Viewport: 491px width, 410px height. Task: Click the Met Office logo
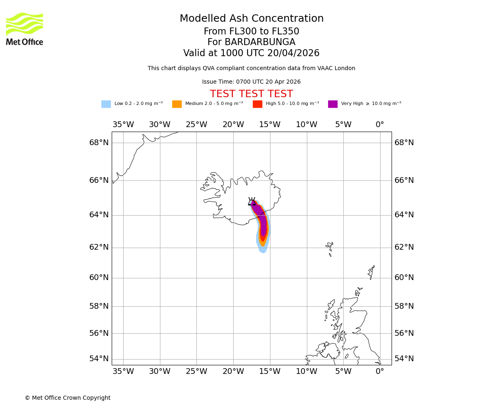point(25,29)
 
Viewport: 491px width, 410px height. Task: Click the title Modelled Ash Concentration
point(251,19)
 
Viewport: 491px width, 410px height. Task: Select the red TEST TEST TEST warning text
point(251,94)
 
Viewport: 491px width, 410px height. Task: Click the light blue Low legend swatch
point(106,104)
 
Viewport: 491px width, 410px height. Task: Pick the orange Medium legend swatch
point(177,104)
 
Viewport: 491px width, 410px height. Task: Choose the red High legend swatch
point(257,104)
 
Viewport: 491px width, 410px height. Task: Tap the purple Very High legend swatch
point(333,104)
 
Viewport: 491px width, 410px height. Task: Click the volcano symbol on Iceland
point(252,201)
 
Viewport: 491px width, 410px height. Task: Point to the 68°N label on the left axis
point(99,143)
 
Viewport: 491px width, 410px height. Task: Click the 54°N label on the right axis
point(404,359)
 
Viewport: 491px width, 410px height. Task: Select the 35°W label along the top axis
point(123,125)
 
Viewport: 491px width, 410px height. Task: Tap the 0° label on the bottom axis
point(380,371)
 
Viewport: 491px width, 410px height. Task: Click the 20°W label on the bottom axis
point(233,371)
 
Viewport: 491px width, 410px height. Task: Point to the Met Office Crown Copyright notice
point(68,398)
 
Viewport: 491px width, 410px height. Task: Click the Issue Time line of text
point(251,82)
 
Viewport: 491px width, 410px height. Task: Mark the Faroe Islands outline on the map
point(329,248)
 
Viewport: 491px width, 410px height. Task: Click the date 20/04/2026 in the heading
point(293,53)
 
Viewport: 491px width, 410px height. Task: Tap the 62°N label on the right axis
point(404,247)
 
